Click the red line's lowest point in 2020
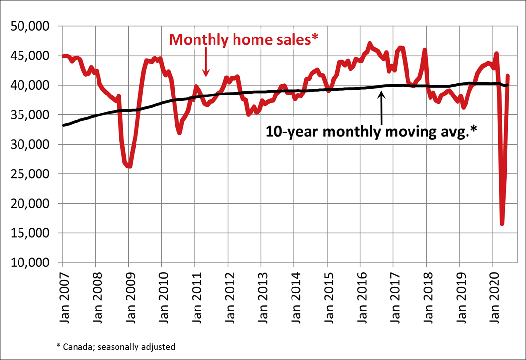502,224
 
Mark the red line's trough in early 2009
129,166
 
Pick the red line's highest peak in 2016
369,44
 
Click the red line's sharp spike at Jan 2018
425,50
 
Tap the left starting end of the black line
64,125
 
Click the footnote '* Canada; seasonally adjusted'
116,347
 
